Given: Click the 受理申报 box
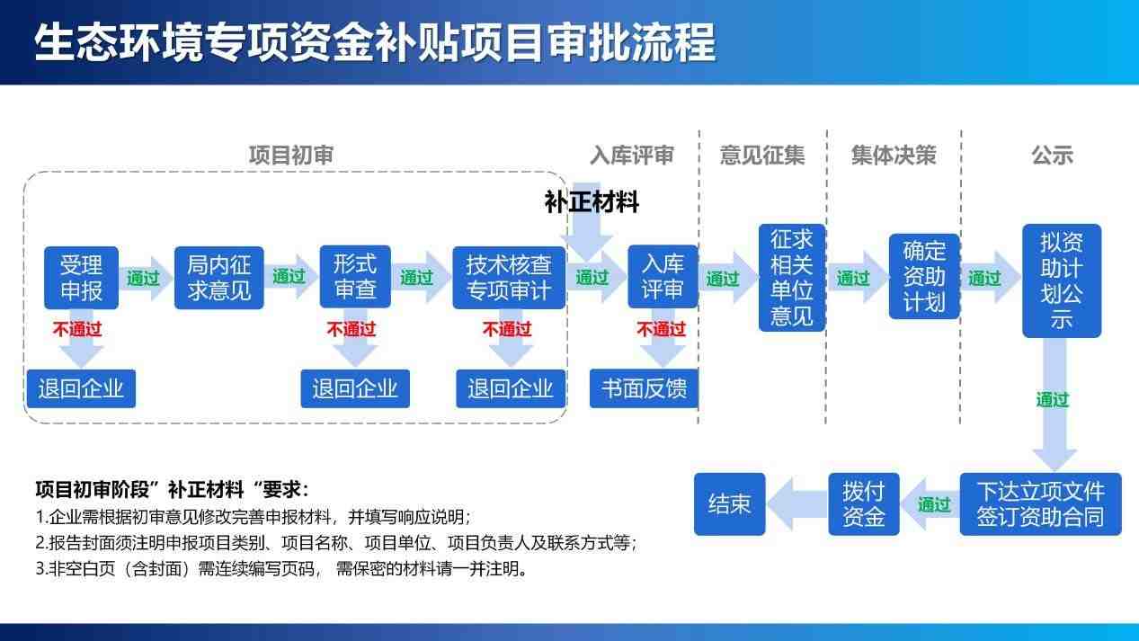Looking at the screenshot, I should point(82,277).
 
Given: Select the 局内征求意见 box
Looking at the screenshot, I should point(218,277).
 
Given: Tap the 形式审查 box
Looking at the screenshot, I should point(355,277).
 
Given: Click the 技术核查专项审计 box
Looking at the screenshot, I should point(509,277).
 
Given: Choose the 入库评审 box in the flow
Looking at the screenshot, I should point(663,277).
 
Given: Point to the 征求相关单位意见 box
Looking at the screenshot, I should point(791,277).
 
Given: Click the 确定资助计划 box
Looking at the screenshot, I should point(924,276).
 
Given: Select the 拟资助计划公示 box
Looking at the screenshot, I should point(1061,280).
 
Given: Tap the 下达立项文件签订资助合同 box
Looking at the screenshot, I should point(1040,504).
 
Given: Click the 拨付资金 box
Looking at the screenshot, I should point(863,504).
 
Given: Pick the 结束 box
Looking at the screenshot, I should point(729,504).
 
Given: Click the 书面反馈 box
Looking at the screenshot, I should point(644,388).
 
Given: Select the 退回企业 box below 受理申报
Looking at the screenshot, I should point(81,388).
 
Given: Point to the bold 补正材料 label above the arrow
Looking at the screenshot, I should point(592,202).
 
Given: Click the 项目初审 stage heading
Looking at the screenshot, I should point(290,155).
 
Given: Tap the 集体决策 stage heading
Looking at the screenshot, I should point(894,155).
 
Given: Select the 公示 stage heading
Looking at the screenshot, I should point(1052,155).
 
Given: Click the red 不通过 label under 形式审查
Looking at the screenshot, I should point(351,329).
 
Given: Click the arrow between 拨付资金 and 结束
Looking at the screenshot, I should point(795,504).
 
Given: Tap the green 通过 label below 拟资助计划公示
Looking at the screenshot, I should point(1053,399).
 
